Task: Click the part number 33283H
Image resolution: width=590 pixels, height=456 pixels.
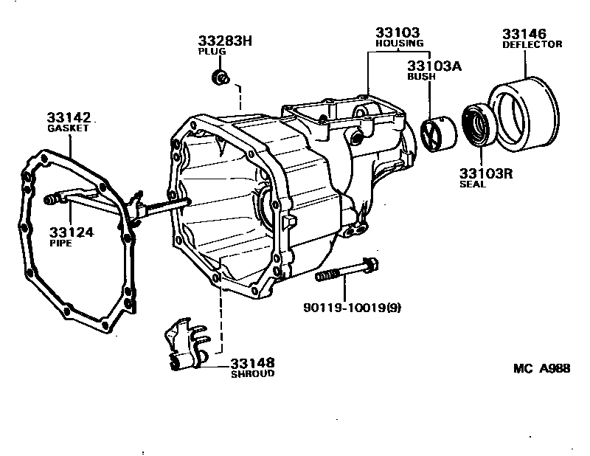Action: click(x=225, y=41)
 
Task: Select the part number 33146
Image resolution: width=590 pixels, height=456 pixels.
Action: click(x=524, y=34)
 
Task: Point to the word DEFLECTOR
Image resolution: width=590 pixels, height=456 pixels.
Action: click(x=532, y=45)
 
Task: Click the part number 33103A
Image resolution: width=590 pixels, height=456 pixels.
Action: click(x=434, y=66)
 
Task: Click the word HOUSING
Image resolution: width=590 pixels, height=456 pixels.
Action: click(x=399, y=44)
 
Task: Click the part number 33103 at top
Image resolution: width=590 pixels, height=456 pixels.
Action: click(x=398, y=33)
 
